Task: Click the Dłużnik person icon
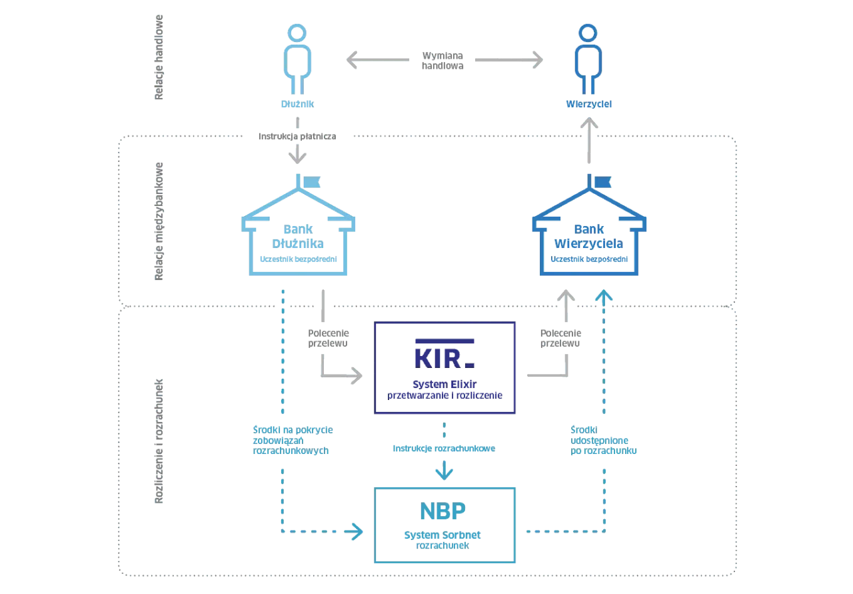[x=297, y=60]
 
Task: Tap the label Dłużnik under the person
[x=297, y=105]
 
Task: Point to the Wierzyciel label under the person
[x=588, y=105]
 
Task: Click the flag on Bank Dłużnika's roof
[x=313, y=180]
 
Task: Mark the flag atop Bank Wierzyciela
[x=602, y=180]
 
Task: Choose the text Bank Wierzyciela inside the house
[x=589, y=236]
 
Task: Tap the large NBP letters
[x=444, y=511]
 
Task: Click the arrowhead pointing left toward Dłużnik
[x=349, y=60]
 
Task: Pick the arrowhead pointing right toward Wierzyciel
[x=535, y=60]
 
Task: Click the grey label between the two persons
[x=442, y=60]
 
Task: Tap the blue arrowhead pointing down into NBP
[x=444, y=473]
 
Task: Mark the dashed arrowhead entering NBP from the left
[x=358, y=531]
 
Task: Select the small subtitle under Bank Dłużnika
[x=298, y=258]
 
